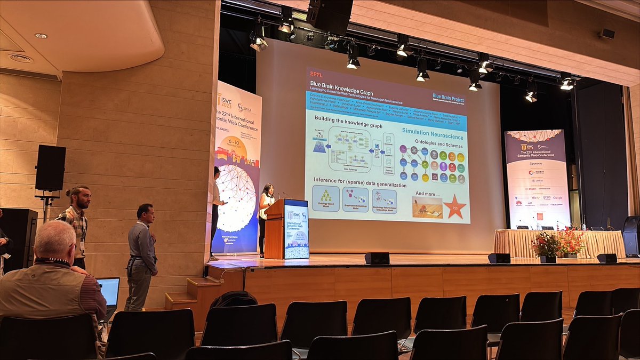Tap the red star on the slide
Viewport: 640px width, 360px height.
tap(455, 206)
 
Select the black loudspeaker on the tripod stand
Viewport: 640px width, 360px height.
tap(51, 167)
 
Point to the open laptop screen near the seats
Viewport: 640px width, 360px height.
tap(109, 292)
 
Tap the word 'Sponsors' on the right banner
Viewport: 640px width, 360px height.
tap(537, 164)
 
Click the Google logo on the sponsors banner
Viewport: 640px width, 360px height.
tap(557, 197)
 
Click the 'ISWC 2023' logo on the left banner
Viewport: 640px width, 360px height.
tap(226, 100)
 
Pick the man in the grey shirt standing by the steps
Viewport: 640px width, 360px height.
tap(142, 251)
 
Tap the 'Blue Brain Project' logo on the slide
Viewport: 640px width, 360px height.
tap(448, 98)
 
